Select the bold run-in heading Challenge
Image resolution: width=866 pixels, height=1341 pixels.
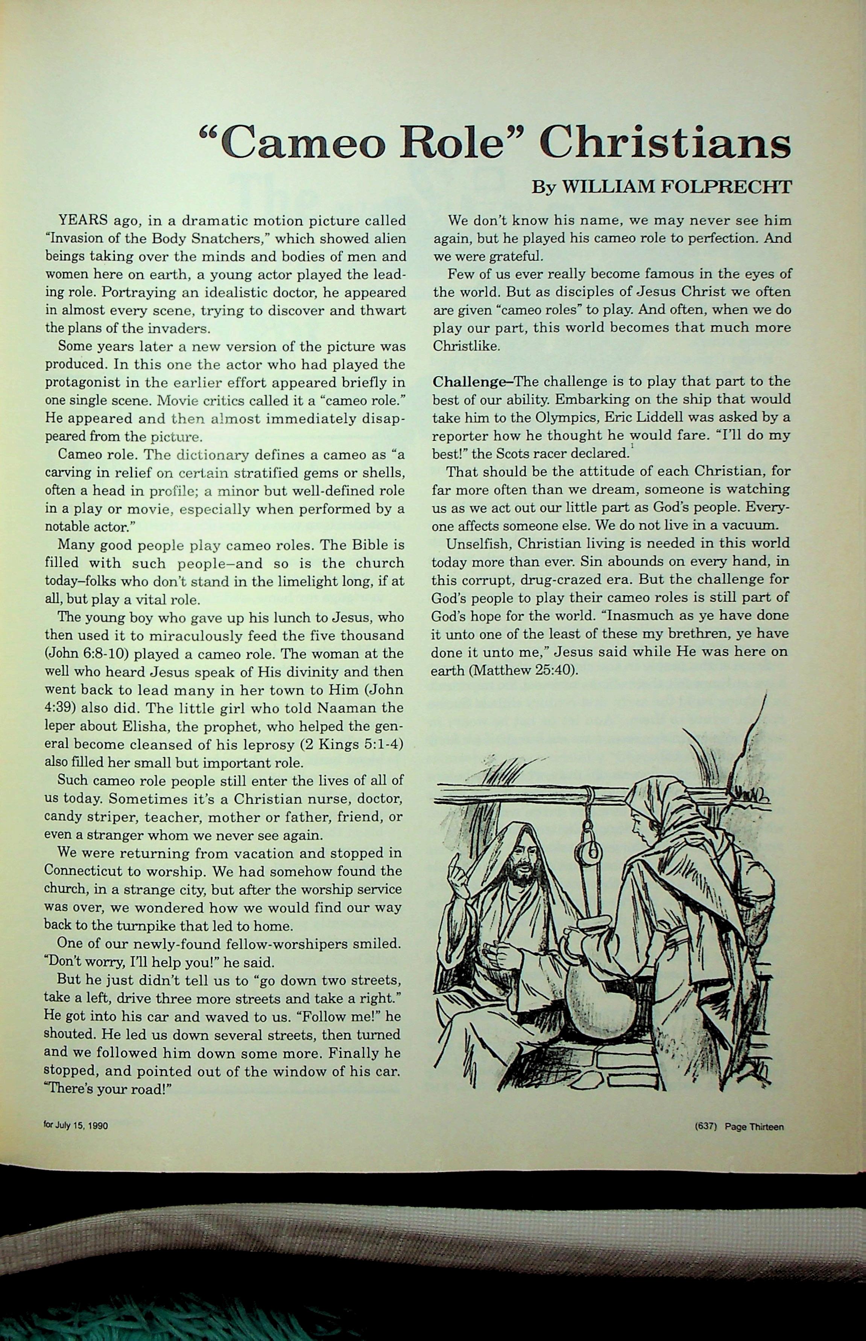pyautogui.click(x=469, y=381)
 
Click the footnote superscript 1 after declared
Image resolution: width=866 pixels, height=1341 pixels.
pyautogui.click(x=633, y=446)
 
